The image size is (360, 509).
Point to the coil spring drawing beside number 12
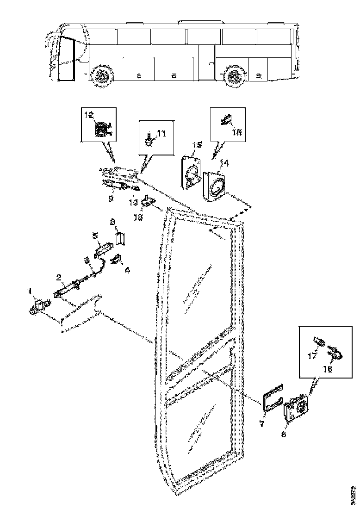coord(101,127)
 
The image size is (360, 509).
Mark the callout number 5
coord(95,235)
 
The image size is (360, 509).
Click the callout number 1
coord(31,291)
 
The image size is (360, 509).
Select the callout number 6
coord(284,435)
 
